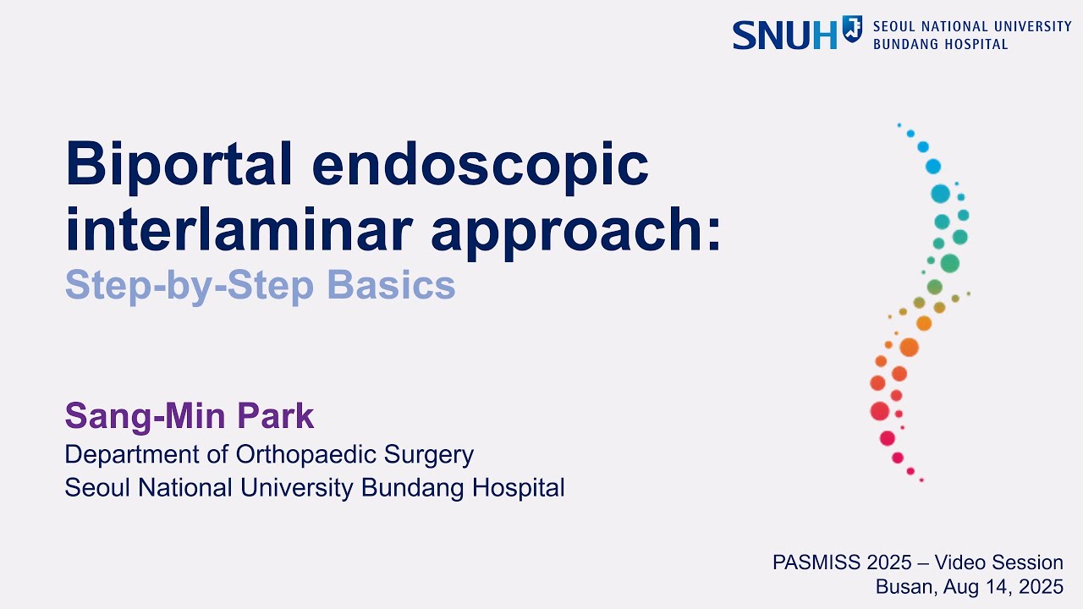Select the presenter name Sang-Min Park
point(190,416)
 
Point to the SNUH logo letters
point(783,35)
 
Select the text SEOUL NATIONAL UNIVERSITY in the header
point(972,26)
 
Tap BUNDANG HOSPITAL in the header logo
point(940,44)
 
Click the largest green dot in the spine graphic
point(949,263)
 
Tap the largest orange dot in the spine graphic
point(909,347)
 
